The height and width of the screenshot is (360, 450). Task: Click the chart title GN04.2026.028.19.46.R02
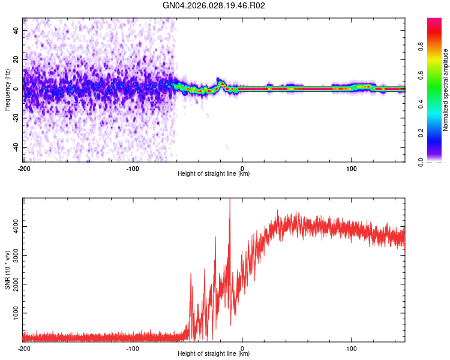click(x=214, y=6)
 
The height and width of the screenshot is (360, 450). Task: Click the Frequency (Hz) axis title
click(x=7, y=90)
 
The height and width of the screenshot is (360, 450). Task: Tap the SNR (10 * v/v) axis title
click(x=7, y=270)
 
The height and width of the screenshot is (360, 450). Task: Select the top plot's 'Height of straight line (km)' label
click(x=214, y=173)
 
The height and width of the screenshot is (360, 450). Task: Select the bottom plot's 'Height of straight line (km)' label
click(x=214, y=353)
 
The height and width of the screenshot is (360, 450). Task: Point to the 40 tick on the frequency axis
click(x=16, y=30)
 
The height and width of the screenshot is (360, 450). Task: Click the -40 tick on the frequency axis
click(x=15, y=148)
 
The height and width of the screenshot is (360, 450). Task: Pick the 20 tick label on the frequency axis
click(x=16, y=59)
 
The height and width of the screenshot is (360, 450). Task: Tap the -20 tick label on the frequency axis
click(x=15, y=118)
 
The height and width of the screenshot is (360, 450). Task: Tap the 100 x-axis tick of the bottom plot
click(x=352, y=347)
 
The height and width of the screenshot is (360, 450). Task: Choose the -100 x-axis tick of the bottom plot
click(x=133, y=347)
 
